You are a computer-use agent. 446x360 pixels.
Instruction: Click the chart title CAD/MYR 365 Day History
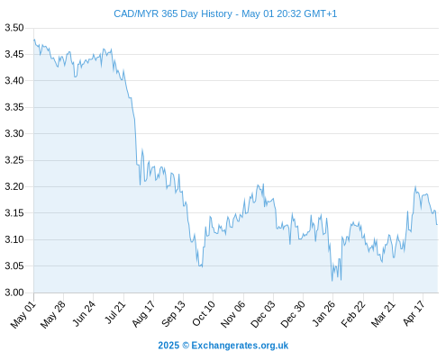(x=173, y=13)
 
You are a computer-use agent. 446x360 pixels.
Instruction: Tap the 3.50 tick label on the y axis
(x=14, y=28)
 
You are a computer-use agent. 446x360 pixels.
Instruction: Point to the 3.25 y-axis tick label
(x=14, y=160)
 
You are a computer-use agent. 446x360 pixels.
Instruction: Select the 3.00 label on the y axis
(x=14, y=292)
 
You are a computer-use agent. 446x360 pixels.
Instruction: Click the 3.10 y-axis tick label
(x=14, y=239)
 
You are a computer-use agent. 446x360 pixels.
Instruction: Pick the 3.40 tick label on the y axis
(x=14, y=81)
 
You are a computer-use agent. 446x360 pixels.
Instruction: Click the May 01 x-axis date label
(x=23, y=315)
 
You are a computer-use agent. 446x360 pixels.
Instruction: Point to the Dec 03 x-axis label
(x=263, y=314)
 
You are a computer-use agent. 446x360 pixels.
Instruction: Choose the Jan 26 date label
(x=323, y=314)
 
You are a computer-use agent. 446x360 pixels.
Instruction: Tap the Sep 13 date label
(x=173, y=314)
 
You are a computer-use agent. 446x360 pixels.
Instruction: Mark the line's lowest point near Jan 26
(x=332, y=281)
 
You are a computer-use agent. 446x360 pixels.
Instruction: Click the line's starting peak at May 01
(x=34, y=40)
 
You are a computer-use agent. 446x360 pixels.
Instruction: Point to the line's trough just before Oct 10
(x=202, y=266)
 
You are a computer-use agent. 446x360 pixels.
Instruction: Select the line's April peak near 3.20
(x=415, y=186)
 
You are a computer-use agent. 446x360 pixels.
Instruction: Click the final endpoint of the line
(x=437, y=224)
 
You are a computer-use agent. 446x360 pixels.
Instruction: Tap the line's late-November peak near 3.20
(x=263, y=184)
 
